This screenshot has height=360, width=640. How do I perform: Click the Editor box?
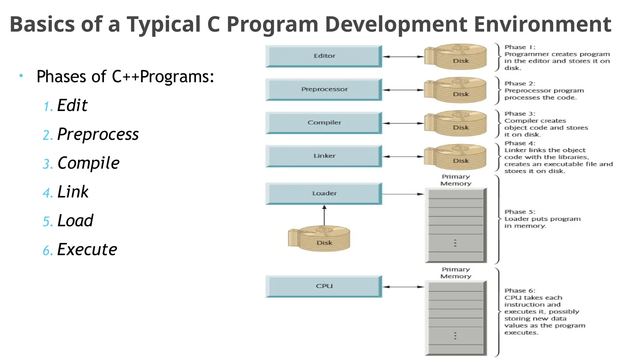(x=324, y=56)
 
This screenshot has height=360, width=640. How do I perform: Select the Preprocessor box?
(x=324, y=90)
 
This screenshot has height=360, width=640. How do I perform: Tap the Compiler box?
(x=324, y=123)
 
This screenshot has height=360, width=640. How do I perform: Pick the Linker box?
(x=324, y=156)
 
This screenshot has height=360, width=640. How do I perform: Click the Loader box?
(x=324, y=193)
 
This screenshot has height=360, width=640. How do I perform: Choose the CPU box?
(x=324, y=286)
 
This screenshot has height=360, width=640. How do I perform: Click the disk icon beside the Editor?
(x=456, y=57)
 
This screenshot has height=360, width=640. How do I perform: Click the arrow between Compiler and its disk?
(x=403, y=123)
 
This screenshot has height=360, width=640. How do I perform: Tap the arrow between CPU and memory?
(x=403, y=287)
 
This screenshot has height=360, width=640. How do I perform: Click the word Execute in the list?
(x=87, y=250)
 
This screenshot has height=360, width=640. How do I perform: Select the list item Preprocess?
(x=98, y=134)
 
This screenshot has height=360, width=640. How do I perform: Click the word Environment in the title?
(x=542, y=24)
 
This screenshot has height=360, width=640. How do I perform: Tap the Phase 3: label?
(x=520, y=114)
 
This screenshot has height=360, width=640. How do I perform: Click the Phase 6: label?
(x=520, y=291)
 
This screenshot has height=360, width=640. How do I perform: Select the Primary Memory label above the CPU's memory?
(x=456, y=273)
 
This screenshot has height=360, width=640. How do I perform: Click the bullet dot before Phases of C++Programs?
(x=21, y=76)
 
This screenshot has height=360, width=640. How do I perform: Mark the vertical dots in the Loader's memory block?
(x=455, y=243)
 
